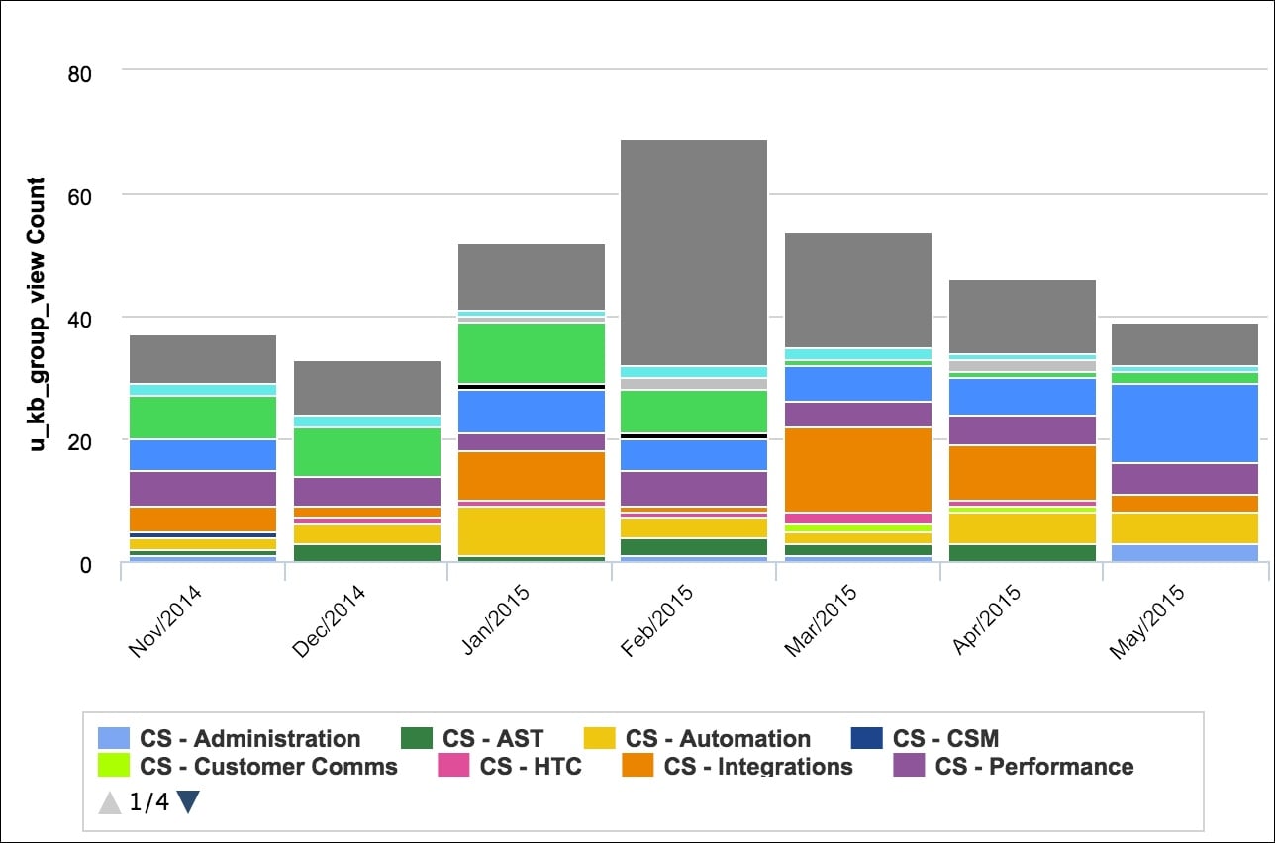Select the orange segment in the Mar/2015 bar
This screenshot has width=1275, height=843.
[x=858, y=469]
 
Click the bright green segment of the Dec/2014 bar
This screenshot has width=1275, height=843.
[x=367, y=452]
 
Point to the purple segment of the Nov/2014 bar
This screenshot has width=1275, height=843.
[x=203, y=489]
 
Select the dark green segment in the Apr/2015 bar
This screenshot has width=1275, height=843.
[x=1023, y=552]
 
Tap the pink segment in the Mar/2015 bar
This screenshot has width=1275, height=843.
[x=858, y=517]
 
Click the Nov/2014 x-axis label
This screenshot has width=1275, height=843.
[x=166, y=620]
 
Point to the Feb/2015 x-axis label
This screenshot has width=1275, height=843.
[x=657, y=620]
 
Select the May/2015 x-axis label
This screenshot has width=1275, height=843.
[x=1146, y=620]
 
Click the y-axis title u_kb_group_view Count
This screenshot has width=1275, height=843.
[x=37, y=315]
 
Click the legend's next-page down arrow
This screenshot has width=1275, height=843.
[x=188, y=802]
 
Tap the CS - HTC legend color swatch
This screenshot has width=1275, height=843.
[x=453, y=767]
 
